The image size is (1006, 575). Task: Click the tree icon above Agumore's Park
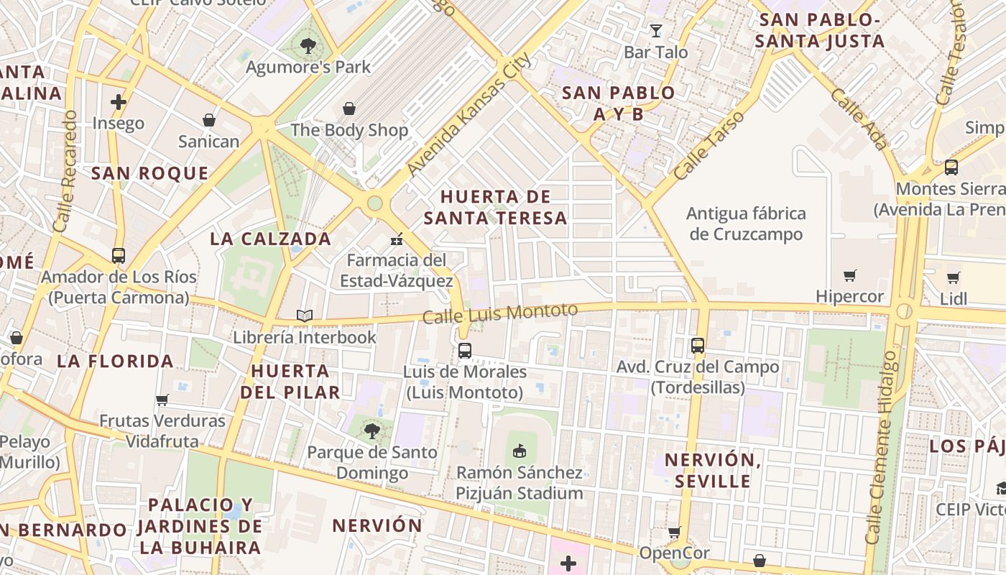click(x=308, y=46)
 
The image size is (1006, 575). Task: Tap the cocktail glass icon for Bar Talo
click(x=655, y=30)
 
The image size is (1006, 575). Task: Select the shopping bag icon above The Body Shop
click(x=349, y=109)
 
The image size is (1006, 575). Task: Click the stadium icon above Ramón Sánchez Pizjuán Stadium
click(x=519, y=451)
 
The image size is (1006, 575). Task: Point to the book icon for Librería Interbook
click(x=305, y=316)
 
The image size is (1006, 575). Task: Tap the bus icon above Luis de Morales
click(x=465, y=351)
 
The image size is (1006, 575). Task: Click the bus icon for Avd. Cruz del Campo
click(x=697, y=346)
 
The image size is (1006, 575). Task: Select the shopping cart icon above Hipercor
click(x=850, y=275)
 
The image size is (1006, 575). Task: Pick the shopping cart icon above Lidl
click(x=953, y=277)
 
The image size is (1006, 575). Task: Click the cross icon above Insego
click(x=119, y=102)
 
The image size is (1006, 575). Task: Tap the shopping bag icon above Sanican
click(x=208, y=119)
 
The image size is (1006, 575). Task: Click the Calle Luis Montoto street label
click(x=500, y=313)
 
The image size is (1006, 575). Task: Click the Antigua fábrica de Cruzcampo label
click(x=746, y=224)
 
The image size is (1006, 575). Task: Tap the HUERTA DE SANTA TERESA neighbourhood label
click(x=496, y=207)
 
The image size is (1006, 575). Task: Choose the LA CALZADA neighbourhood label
click(x=270, y=239)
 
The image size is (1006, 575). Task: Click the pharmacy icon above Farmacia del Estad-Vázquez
click(x=396, y=239)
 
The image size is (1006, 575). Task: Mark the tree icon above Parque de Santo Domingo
click(x=372, y=431)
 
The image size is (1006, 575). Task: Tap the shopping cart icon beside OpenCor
click(x=674, y=533)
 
